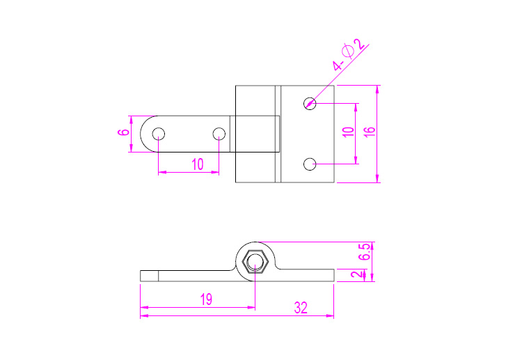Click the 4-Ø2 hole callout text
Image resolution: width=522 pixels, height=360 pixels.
click(348, 54)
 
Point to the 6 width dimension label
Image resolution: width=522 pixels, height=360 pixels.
click(123, 132)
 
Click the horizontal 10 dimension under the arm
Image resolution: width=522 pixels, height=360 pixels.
click(198, 164)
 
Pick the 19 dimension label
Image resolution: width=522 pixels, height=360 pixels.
click(207, 299)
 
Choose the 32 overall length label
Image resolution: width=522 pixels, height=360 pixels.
click(301, 308)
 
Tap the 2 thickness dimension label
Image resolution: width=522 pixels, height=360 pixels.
click(356, 274)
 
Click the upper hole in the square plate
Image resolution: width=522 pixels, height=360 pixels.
click(310, 103)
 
